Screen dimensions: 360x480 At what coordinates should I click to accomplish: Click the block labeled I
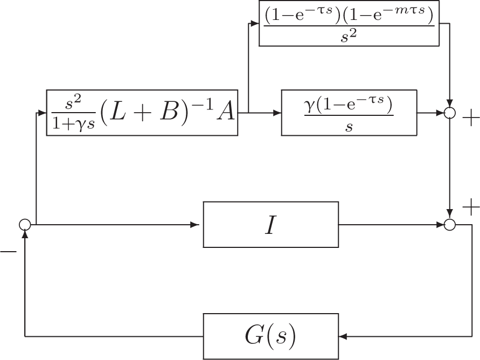[x=270, y=224]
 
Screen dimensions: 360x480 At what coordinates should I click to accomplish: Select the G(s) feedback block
[x=270, y=336]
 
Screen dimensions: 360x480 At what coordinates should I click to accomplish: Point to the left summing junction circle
[x=25, y=225]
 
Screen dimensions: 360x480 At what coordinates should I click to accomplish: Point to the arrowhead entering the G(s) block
[x=343, y=337]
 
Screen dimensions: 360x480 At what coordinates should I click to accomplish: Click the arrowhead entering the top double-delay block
[x=255, y=23]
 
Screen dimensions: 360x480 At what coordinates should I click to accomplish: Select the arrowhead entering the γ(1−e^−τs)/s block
[x=278, y=113]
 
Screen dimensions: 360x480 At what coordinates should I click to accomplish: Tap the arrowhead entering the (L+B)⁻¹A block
[x=43, y=113]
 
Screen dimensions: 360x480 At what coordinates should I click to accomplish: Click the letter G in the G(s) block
[x=251, y=336]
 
